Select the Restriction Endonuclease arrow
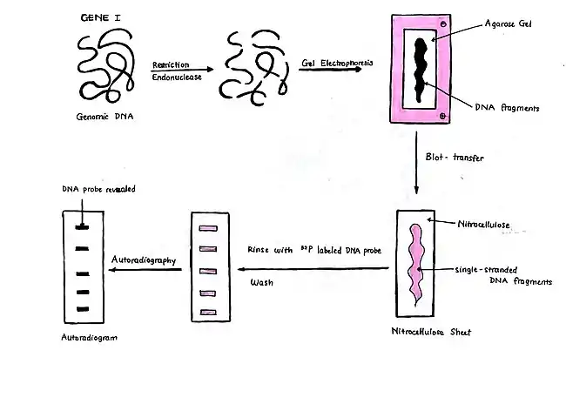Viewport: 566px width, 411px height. pyautogui.click(x=182, y=70)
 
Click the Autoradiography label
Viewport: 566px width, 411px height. pyautogui.click(x=145, y=259)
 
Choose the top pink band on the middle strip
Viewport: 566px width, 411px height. pyautogui.click(x=207, y=229)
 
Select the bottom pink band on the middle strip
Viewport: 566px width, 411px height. pyautogui.click(x=207, y=311)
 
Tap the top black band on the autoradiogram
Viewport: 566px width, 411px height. pyautogui.click(x=83, y=227)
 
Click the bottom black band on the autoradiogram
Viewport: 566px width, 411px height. pyautogui.click(x=83, y=309)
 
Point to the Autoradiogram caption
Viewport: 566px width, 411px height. pyautogui.click(x=89, y=336)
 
